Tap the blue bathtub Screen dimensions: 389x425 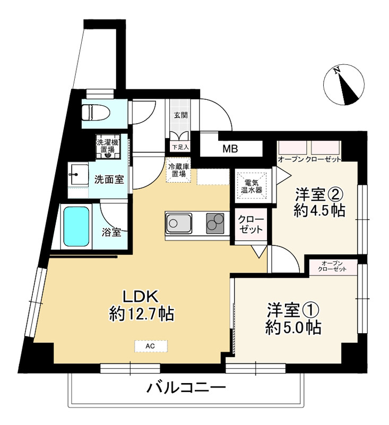coord(76,226)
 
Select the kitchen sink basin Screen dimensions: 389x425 coord(179,223)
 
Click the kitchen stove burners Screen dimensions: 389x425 coord(215,223)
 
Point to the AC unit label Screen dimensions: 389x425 coord(150,346)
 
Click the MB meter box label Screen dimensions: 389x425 coord(230,149)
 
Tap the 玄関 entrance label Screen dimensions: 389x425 coord(180,115)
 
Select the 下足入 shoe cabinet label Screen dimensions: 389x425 coord(180,147)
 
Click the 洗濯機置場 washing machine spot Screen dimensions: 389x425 coord(108,147)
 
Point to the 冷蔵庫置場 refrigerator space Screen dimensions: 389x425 coord(179,170)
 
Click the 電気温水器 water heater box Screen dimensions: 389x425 coord(252,186)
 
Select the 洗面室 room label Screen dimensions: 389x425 coord(109,179)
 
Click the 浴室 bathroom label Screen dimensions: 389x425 coord(111,232)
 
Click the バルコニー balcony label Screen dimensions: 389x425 coord(186,388)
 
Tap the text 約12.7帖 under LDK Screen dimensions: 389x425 coord(141,314)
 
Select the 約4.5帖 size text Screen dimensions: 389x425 coord(319,210)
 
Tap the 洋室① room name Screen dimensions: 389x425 coord(293,310)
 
